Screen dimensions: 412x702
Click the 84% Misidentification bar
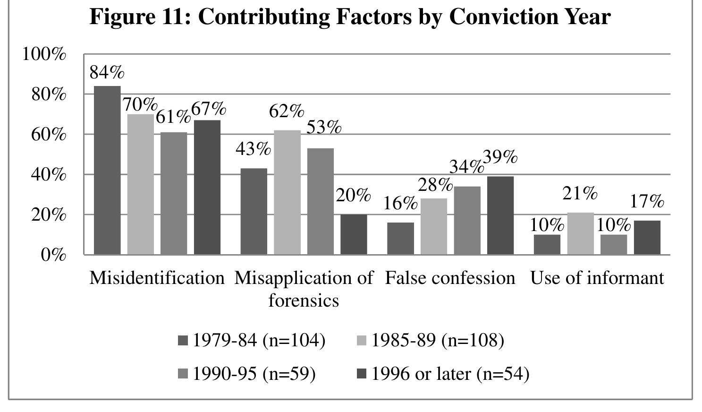(x=107, y=170)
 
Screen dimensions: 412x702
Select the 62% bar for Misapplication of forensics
(x=287, y=192)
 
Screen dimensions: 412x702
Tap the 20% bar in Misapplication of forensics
(x=354, y=234)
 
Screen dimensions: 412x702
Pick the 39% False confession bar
(x=500, y=215)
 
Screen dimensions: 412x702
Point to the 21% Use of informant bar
(x=580, y=233)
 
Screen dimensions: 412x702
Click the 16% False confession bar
(x=400, y=239)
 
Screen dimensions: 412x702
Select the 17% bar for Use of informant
(x=647, y=237)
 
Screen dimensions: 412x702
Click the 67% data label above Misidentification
(x=208, y=109)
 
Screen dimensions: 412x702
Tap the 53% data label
(x=324, y=127)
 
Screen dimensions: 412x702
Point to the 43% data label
(x=254, y=149)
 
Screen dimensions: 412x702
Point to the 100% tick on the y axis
(x=44, y=54)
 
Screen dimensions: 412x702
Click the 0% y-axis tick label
(x=53, y=255)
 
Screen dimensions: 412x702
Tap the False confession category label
(x=450, y=278)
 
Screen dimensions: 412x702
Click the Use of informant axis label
(x=597, y=278)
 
